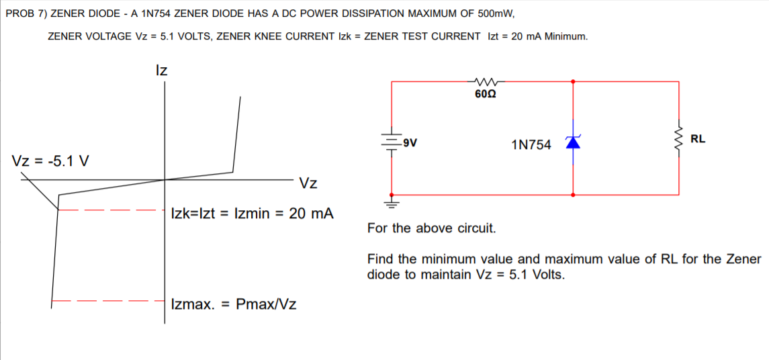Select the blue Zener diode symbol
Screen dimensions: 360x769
pyautogui.click(x=573, y=142)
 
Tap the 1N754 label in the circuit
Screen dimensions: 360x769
pyautogui.click(x=531, y=144)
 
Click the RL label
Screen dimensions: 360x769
pyautogui.click(x=698, y=139)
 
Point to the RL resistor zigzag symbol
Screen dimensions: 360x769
pyautogui.click(x=680, y=139)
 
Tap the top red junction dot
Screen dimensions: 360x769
pyautogui.click(x=573, y=81)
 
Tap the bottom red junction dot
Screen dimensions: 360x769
pyautogui.click(x=573, y=195)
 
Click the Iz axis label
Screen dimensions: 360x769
pyautogui.click(x=161, y=70)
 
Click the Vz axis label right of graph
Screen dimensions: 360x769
pyautogui.click(x=308, y=183)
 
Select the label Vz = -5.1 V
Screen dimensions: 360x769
pyautogui.click(x=52, y=162)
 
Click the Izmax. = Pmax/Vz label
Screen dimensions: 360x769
pyautogui.click(x=234, y=304)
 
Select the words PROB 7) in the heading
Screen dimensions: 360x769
pyautogui.click(x=26, y=13)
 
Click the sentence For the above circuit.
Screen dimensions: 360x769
pyautogui.click(x=431, y=228)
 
